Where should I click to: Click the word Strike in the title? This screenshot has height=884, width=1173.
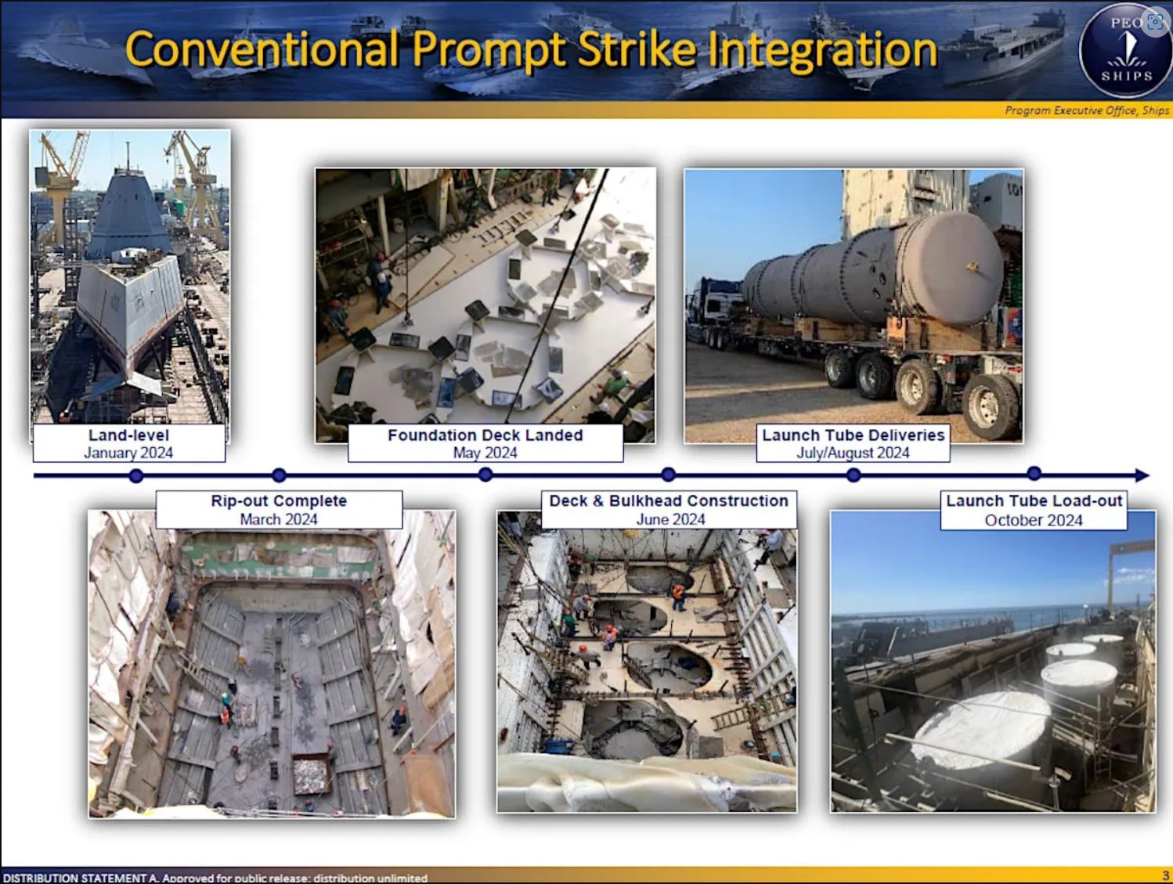click(637, 49)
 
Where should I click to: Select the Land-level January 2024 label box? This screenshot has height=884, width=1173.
click(128, 443)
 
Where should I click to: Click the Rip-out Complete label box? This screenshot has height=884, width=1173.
click(279, 510)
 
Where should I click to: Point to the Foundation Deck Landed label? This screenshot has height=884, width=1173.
click(485, 443)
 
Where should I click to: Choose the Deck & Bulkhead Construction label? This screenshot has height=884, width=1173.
click(669, 510)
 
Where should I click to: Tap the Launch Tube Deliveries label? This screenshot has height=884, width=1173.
click(853, 443)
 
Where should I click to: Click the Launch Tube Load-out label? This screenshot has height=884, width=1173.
click(1034, 510)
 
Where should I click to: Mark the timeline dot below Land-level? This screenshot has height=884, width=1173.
click(136, 475)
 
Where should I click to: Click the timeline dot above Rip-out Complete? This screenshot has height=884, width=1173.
click(279, 474)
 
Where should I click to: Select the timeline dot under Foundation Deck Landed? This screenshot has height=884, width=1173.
click(485, 474)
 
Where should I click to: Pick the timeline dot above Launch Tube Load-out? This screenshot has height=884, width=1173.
click(1034, 473)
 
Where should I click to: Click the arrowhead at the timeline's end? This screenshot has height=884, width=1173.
click(1142, 475)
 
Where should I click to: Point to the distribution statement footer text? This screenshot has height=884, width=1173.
click(215, 878)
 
